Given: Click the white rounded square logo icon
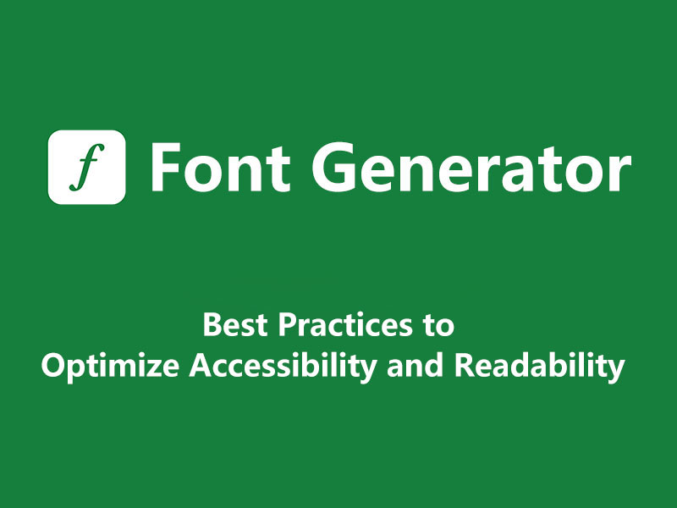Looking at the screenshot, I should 87,167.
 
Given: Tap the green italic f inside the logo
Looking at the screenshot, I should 86,167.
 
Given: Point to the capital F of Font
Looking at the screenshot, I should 166,167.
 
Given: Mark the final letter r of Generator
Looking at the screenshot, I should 619,172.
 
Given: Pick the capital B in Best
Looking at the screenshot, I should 212,325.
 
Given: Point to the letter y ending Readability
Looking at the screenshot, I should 617,371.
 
